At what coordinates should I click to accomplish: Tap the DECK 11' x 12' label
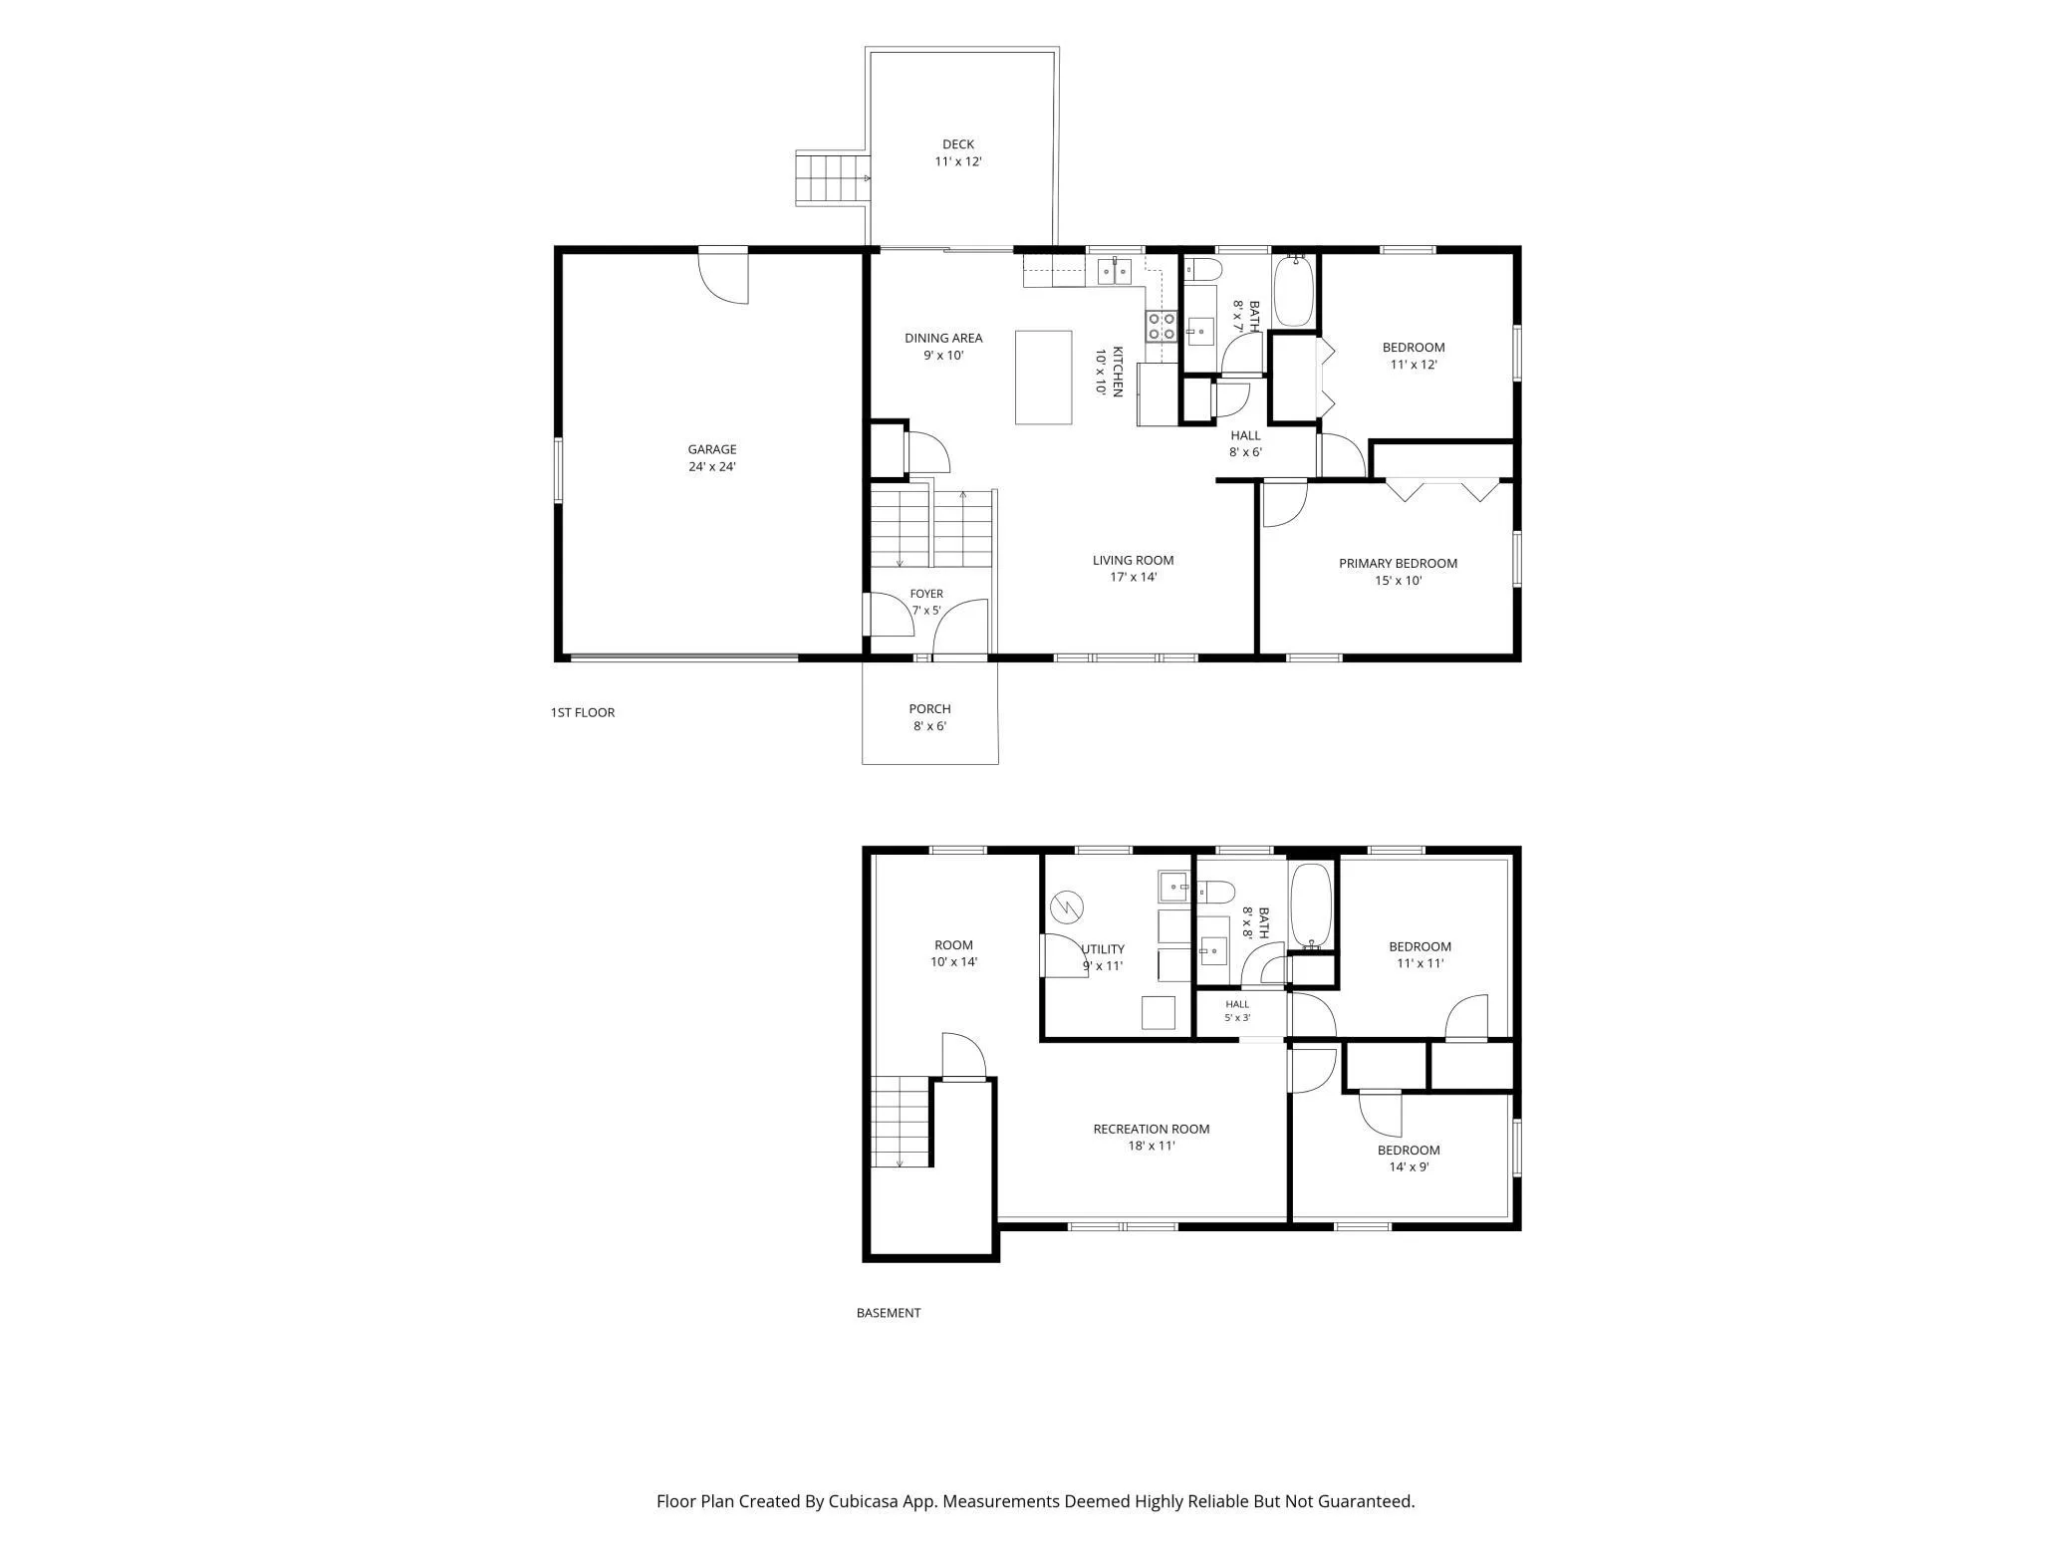(958, 152)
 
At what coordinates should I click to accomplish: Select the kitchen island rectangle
(1043, 378)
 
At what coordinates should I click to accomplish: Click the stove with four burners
(1162, 327)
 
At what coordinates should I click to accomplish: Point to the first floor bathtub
(1294, 290)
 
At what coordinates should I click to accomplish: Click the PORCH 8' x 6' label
(929, 717)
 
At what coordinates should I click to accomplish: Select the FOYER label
(926, 594)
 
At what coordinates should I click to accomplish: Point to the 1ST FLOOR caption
(583, 712)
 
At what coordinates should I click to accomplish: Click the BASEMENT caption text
(889, 1313)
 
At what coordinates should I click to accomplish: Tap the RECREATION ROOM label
(1152, 1129)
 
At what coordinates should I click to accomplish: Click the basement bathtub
(1311, 906)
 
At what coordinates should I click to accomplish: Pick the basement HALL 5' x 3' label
(1237, 1010)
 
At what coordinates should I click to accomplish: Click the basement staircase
(902, 1121)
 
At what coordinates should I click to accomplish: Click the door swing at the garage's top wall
(723, 277)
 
